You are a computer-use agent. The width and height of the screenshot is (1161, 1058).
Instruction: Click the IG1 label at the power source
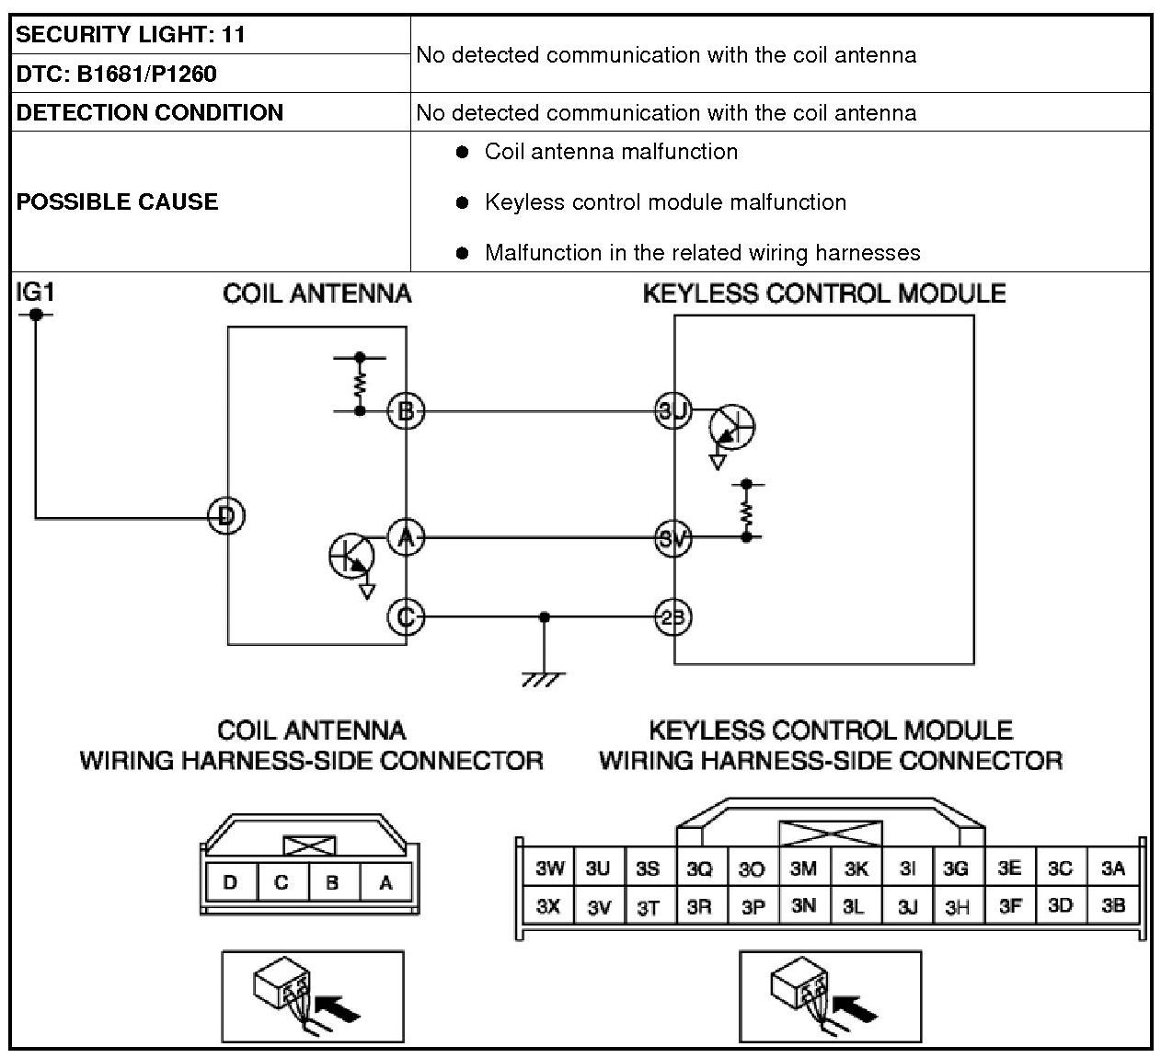[x=35, y=292]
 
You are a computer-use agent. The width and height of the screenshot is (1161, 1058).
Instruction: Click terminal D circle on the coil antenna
[x=226, y=516]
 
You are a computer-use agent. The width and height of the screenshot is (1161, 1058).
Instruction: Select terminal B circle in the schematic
[x=406, y=411]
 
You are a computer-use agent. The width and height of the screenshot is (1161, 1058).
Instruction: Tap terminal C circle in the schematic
[x=406, y=617]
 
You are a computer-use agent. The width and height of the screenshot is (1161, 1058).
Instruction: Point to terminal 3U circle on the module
[x=673, y=410]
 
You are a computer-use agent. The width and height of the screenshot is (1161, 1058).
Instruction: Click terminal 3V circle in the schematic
[x=673, y=538]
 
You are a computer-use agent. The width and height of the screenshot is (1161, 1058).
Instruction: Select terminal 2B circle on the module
[x=673, y=617]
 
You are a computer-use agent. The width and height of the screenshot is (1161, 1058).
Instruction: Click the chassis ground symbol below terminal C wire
[x=544, y=679]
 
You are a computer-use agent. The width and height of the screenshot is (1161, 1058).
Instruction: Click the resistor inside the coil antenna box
[x=360, y=385]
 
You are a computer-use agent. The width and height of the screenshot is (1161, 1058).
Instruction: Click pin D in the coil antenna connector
[x=231, y=881]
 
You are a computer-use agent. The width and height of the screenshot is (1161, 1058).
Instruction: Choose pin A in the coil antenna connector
[x=386, y=881]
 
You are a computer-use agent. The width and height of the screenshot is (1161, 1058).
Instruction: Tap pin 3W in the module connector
[x=548, y=868]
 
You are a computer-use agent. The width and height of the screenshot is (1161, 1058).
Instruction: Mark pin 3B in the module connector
[x=1113, y=904]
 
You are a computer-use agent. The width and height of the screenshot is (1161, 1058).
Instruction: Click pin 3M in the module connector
[x=804, y=868]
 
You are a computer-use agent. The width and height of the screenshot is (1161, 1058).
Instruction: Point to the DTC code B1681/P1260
[x=146, y=75]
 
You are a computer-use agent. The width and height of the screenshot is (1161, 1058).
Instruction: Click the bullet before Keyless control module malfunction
[x=462, y=202]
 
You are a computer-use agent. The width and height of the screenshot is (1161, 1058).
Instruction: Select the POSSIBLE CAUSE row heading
[x=117, y=201]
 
